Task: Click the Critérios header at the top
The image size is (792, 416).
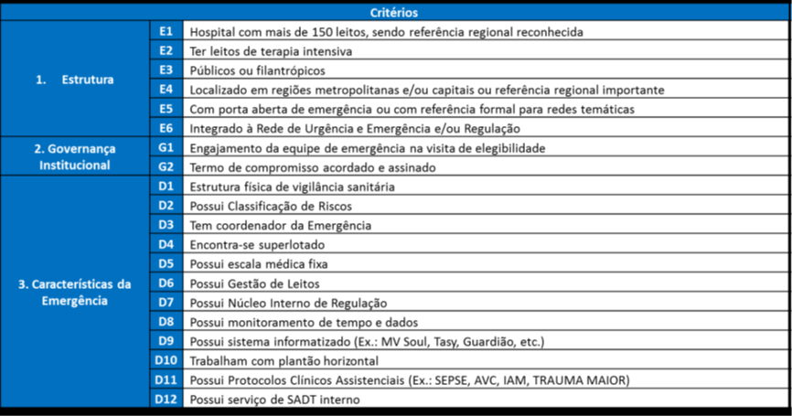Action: point(395,12)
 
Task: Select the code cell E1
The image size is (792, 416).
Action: point(166,31)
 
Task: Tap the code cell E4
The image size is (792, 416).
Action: point(166,89)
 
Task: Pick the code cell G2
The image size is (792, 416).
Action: point(166,166)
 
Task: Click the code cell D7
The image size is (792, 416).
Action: point(166,303)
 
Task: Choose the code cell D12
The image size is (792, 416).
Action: point(166,399)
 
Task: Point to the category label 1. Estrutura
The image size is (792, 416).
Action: point(75,80)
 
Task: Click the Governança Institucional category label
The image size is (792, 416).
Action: point(75,156)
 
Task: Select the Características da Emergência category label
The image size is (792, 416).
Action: point(75,292)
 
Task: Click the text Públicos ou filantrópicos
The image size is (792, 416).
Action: point(257,70)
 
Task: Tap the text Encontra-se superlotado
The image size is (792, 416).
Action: point(257,244)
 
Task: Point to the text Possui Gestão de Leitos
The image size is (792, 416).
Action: point(253,283)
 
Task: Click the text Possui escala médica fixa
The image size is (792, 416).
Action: point(258,264)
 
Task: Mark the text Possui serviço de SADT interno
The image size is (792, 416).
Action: point(274,400)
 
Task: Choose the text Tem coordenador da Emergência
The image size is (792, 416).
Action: point(280,225)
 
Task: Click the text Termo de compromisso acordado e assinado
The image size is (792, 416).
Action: point(311,167)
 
